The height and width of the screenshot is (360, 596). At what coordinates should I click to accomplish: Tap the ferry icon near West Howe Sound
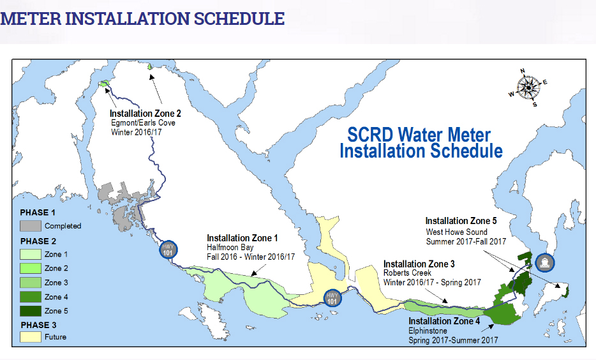544,262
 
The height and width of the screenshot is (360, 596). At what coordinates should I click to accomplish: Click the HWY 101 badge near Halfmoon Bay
168,250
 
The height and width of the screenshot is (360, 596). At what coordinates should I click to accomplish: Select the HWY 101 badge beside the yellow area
332,299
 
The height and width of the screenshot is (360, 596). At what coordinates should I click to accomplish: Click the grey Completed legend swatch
31,226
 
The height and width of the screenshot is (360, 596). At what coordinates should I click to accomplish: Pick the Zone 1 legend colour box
31,254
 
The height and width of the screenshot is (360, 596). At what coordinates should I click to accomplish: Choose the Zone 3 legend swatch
31,283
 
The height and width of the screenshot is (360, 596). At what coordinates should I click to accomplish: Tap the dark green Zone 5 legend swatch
31,311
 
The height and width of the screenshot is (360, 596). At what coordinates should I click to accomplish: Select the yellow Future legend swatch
31,337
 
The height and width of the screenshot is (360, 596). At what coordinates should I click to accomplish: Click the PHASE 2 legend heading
38,241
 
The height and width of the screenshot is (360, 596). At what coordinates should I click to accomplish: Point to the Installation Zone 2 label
145,113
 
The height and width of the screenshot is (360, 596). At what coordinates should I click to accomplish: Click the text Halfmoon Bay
230,248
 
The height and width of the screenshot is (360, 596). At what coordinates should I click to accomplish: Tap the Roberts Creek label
407,273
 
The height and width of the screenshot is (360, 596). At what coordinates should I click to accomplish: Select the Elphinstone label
428,331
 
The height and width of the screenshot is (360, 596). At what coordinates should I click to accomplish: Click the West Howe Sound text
456,232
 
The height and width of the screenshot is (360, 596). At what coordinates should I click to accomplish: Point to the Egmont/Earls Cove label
143,123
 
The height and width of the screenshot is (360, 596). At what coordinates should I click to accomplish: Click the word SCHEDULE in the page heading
239,19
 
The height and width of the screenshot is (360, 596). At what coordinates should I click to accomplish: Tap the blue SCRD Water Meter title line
419,135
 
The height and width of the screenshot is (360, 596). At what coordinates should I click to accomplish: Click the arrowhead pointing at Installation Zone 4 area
491,326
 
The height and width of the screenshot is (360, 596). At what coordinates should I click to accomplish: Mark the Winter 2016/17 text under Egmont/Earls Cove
136,132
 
